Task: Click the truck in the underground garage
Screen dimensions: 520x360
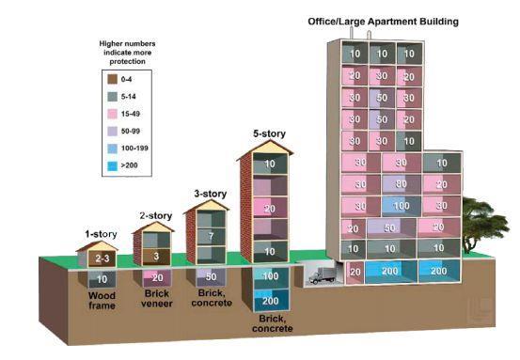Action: (x=322, y=275)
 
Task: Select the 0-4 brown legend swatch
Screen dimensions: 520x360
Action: (x=113, y=79)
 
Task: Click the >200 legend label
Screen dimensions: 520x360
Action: (x=129, y=165)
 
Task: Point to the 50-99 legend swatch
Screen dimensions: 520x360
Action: (x=113, y=131)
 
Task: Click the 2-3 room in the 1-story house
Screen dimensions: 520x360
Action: (x=102, y=258)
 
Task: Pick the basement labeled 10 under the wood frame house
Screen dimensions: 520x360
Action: (x=102, y=279)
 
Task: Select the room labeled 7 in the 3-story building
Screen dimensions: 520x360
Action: (x=212, y=236)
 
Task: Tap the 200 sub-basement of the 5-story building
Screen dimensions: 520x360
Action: (x=271, y=301)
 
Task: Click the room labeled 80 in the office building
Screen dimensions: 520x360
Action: (x=402, y=184)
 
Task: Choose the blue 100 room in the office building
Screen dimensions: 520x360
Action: (x=402, y=206)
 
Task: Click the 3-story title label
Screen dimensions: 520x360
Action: (x=211, y=194)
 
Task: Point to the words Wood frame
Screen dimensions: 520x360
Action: (x=102, y=301)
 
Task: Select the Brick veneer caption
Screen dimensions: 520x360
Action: (x=156, y=298)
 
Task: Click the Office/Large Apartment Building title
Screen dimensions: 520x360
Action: (x=383, y=22)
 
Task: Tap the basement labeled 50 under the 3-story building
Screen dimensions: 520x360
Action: (x=212, y=276)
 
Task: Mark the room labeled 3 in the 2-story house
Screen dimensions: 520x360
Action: (x=156, y=257)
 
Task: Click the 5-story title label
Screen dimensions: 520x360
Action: (x=269, y=133)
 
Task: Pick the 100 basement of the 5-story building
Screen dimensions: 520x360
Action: (x=271, y=276)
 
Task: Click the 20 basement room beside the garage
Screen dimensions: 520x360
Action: (x=355, y=273)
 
